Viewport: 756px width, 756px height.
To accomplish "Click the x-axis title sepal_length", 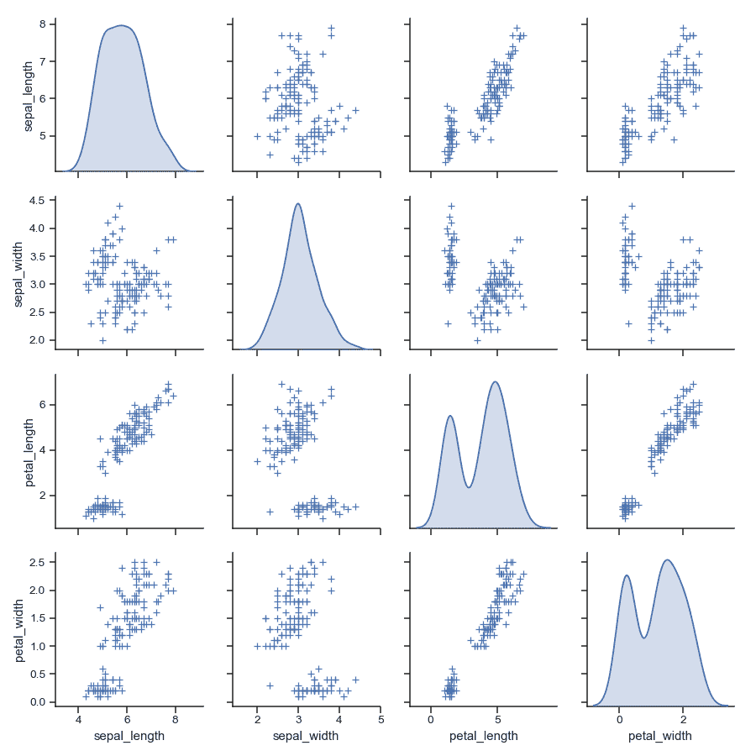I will coord(127,736).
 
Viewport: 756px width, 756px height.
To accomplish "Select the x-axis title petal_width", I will coord(660,736).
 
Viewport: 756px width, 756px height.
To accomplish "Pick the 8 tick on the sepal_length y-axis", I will coord(45,24).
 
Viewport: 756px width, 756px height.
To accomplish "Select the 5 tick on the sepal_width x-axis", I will coord(381,721).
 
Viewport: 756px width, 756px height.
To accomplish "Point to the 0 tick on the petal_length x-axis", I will coord(431,721).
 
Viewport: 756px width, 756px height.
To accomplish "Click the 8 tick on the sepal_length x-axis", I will coord(175,721).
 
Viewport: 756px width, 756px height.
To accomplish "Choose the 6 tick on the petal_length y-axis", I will coord(45,404).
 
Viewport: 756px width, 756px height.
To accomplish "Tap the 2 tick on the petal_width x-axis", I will coord(683,721).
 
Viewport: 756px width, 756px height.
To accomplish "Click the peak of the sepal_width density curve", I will coord(297,203).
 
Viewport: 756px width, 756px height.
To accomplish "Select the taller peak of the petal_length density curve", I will coord(496,381).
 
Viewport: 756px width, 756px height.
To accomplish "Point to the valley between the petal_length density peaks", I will coord(468,487).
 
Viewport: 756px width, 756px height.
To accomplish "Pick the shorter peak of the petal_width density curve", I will coord(627,575).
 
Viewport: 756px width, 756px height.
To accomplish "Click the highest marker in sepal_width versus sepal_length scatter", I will coord(119,205).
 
